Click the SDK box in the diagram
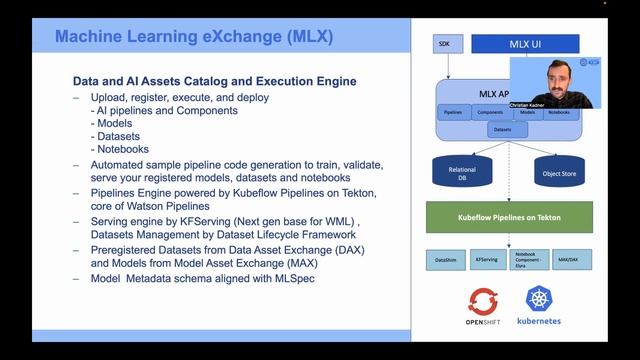click(x=444, y=45)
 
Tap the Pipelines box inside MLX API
click(x=454, y=113)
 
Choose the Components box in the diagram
click(x=490, y=113)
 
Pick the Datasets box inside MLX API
click(x=504, y=130)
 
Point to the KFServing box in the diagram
click(x=488, y=259)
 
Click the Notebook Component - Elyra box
click(x=532, y=259)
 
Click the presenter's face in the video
click(x=555, y=75)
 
